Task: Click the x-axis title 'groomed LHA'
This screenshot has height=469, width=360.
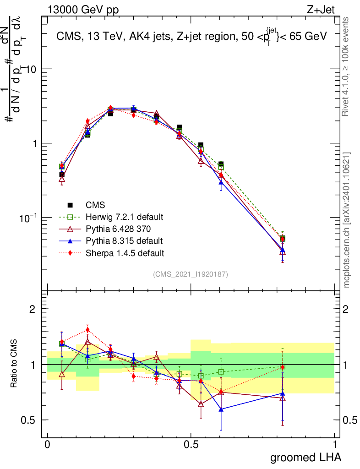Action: (x=305, y=457)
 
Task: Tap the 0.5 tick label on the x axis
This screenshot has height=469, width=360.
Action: (x=191, y=445)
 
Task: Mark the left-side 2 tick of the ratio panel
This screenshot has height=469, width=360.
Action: (x=33, y=309)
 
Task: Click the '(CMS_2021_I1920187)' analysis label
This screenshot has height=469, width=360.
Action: (x=190, y=274)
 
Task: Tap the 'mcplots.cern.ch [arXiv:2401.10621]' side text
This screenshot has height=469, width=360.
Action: (x=348, y=220)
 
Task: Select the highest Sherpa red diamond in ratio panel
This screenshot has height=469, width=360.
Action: (x=87, y=330)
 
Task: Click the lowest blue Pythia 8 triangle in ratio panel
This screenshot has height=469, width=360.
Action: (x=221, y=409)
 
